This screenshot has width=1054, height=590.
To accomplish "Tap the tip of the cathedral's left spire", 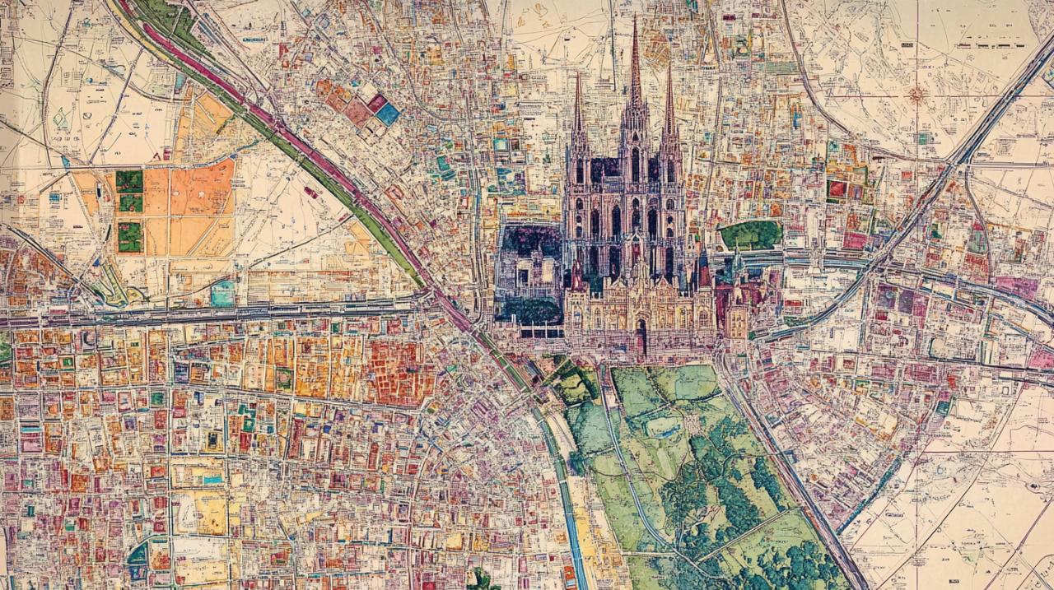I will click(577, 74).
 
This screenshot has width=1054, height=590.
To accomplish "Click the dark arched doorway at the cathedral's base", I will click(641, 337).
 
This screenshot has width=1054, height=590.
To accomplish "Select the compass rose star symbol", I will click(916, 95).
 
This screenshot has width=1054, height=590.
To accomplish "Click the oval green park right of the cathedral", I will click(750, 235).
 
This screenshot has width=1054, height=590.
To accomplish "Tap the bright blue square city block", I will click(387, 114).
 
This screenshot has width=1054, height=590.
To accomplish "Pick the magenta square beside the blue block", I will click(376, 102).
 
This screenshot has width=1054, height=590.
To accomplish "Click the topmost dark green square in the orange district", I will click(129, 180).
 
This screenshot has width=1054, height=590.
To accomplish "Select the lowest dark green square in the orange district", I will click(129, 237).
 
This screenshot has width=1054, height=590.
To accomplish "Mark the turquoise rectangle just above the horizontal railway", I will click(222, 293).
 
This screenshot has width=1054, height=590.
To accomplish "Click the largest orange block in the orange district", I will click(201, 188).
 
